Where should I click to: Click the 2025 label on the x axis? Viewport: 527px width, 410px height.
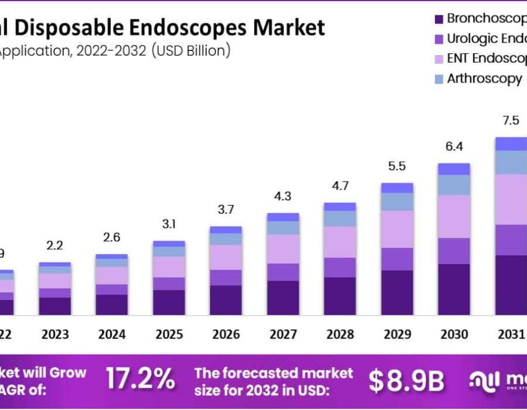click(x=169, y=334)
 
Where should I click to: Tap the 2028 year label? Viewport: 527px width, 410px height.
click(x=340, y=334)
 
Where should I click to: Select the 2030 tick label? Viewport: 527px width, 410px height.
click(x=454, y=334)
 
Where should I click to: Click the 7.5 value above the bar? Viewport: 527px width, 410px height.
click(x=511, y=121)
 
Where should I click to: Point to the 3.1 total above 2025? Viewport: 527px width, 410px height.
click(x=169, y=224)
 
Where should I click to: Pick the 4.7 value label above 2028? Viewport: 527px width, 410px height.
click(x=340, y=186)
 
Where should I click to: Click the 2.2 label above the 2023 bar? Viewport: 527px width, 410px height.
click(x=55, y=246)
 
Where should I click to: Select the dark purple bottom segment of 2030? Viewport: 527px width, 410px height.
click(x=454, y=289)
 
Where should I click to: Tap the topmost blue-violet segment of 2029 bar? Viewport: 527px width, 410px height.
click(x=397, y=187)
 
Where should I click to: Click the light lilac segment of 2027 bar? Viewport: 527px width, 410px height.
click(x=283, y=249)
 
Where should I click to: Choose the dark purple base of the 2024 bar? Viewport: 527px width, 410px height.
click(x=112, y=305)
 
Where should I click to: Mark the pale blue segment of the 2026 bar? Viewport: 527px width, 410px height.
click(x=226, y=239)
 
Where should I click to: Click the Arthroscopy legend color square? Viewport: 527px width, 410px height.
click(x=439, y=79)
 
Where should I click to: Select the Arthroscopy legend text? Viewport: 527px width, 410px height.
click(x=484, y=78)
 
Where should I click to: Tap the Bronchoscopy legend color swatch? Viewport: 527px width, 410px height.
click(x=439, y=19)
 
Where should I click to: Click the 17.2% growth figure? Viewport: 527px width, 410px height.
click(x=140, y=380)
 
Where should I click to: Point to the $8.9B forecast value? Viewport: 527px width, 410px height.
click(x=406, y=381)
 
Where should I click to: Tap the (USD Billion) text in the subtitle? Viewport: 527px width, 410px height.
click(x=191, y=51)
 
